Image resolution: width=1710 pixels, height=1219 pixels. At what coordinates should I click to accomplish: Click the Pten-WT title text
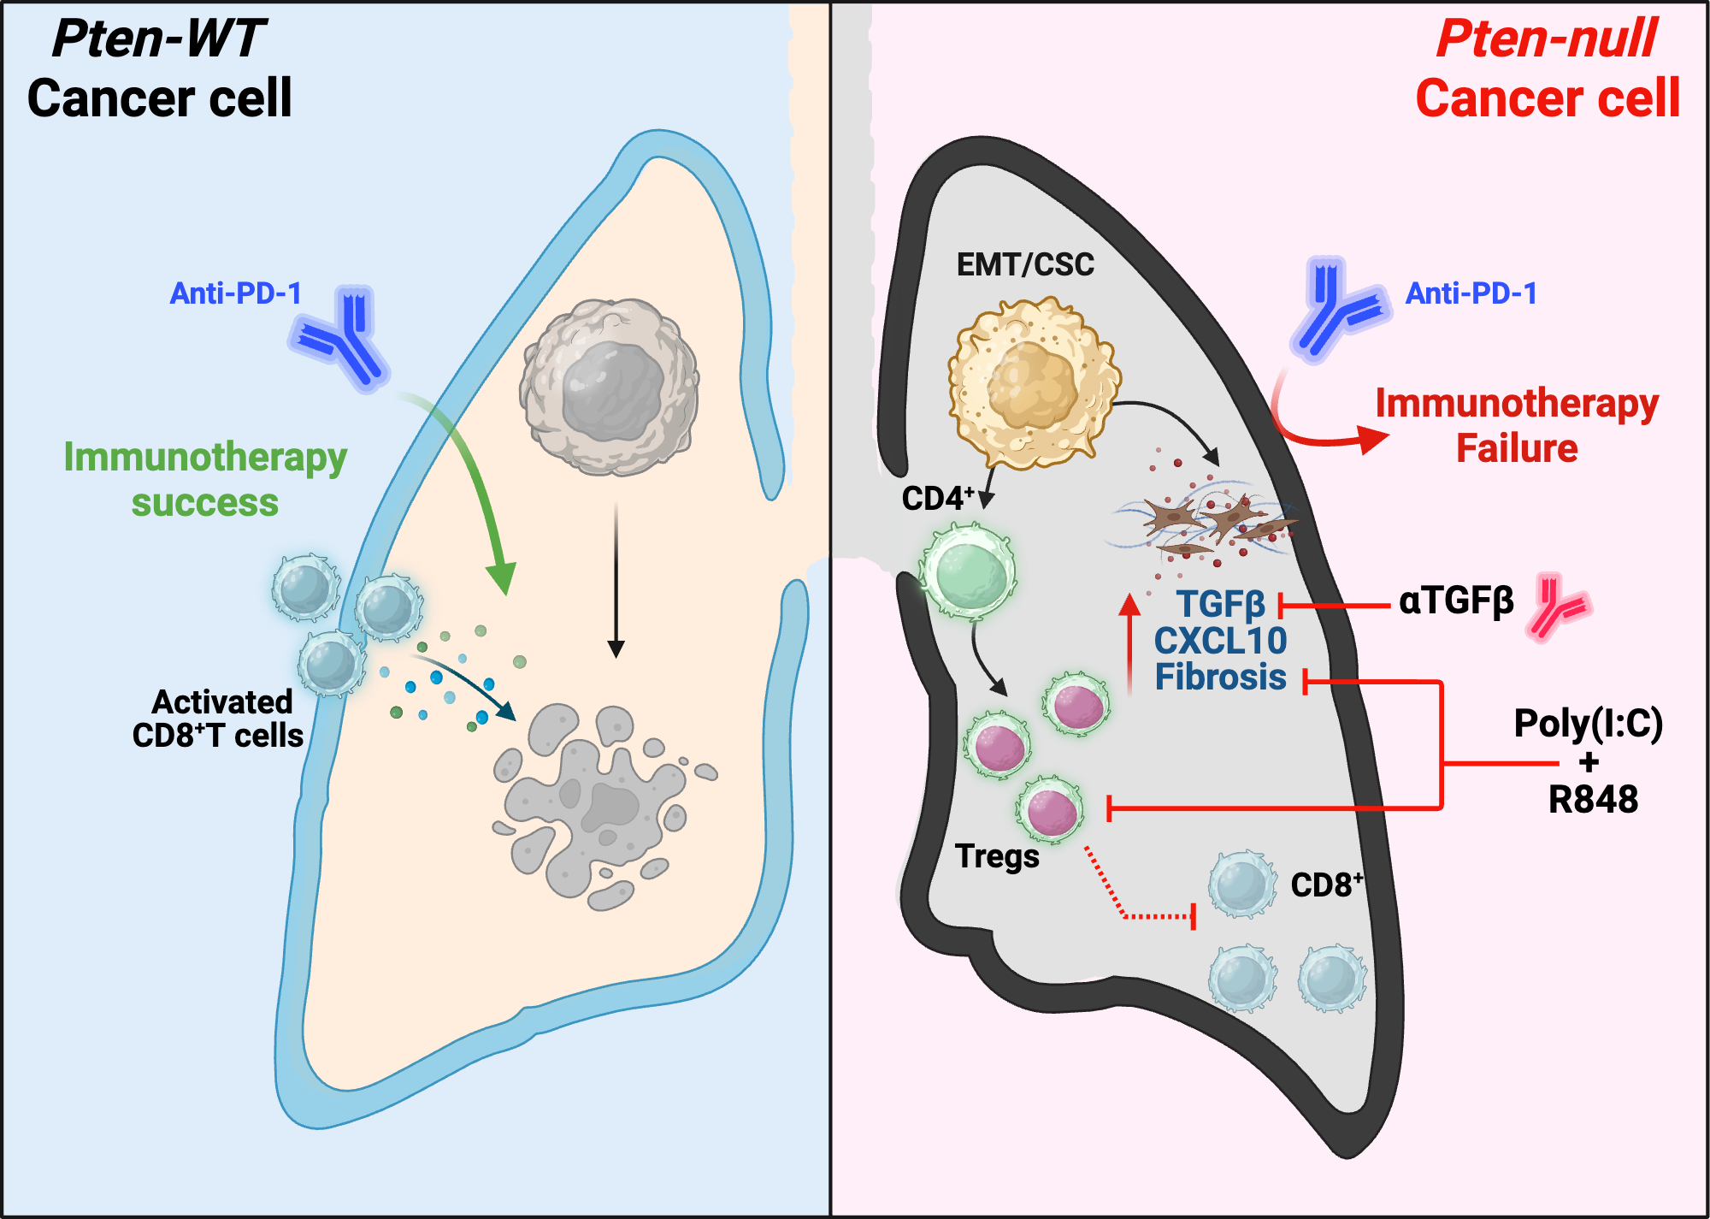[159, 39]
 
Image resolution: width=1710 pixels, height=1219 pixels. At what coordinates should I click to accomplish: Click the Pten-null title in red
[1546, 39]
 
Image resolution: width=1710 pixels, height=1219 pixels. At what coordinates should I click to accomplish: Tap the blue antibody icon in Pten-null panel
[1336, 308]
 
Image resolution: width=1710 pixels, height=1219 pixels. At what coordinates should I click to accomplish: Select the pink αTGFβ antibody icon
[1558, 606]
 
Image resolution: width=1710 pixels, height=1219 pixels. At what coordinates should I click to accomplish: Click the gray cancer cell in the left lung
[609, 387]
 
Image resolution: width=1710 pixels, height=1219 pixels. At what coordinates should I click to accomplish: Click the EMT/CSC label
[1024, 264]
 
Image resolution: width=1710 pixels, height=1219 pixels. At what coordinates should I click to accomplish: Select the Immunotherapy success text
[205, 479]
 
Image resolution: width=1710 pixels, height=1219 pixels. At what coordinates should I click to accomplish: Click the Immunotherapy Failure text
[1517, 425]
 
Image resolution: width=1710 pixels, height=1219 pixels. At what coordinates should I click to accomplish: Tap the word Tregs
[997, 855]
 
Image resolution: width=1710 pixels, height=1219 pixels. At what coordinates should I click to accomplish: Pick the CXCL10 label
[1220, 641]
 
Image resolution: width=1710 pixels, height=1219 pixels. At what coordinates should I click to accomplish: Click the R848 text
[1593, 800]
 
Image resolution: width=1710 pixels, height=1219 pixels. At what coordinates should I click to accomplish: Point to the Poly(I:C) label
[1588, 724]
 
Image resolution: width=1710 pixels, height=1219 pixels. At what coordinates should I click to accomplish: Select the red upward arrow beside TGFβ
[1130, 642]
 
